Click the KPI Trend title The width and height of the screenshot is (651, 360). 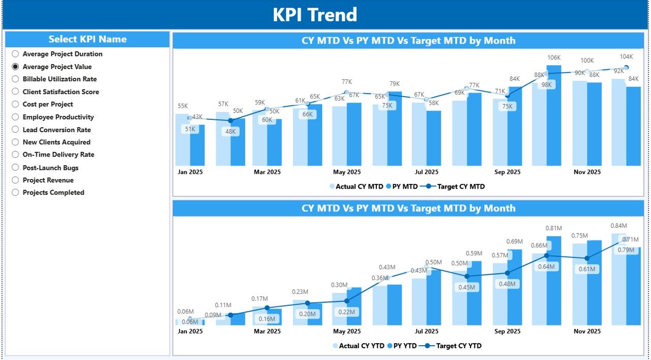click(315, 15)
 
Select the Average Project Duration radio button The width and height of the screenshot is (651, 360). click(15, 54)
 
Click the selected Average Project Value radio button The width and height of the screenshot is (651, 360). click(15, 67)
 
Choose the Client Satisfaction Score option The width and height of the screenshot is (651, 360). click(15, 92)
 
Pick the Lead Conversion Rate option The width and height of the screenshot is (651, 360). click(15, 130)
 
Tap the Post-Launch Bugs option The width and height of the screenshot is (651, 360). click(15, 168)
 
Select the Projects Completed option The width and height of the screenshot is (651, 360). click(15, 193)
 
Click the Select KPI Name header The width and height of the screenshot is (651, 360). click(87, 39)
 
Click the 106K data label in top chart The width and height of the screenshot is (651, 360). click(554, 58)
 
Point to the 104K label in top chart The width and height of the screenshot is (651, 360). click(626, 56)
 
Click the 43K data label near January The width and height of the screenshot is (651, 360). click(197, 117)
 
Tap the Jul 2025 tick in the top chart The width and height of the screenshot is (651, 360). click(426, 172)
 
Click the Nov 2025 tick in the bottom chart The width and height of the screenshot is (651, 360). click(587, 332)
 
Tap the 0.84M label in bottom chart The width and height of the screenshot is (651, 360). click(619, 226)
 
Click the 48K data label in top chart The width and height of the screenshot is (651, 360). click(230, 131)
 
